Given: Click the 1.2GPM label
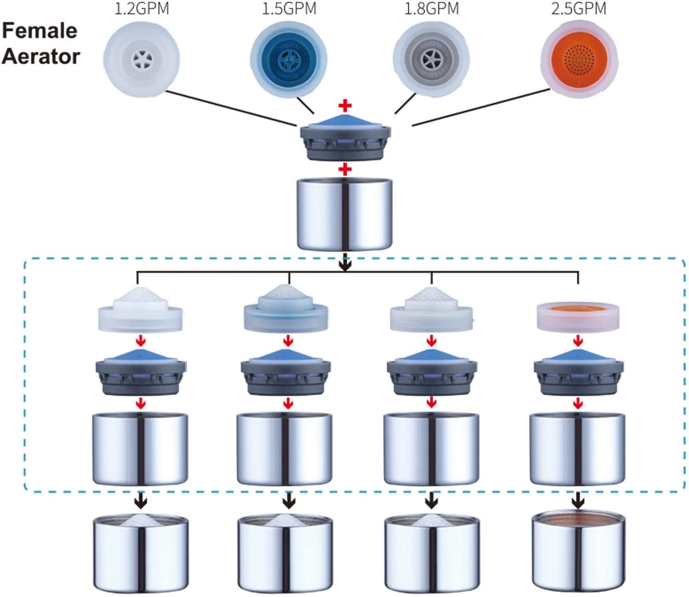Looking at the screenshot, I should (141, 9).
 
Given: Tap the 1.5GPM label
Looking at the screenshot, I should (289, 9).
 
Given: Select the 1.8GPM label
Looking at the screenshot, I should (431, 9).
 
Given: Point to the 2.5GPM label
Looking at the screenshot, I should (579, 9).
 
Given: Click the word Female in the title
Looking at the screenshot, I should (40, 31).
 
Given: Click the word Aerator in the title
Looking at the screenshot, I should (41, 57).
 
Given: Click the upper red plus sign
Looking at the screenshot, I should (345, 106).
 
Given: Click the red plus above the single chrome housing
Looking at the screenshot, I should (345, 170).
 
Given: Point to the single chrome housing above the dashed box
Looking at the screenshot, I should (345, 214).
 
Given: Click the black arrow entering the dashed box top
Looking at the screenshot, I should (345, 264).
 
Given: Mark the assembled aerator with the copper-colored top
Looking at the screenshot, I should (578, 552).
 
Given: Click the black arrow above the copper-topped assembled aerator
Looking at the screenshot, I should (578, 500).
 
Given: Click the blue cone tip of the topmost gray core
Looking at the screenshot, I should (345, 121).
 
